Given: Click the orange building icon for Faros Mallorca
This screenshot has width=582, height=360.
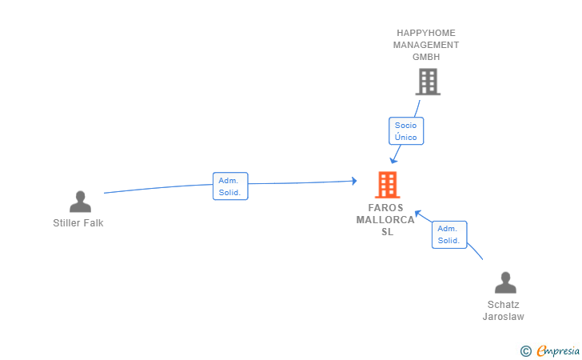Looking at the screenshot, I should coord(388,185).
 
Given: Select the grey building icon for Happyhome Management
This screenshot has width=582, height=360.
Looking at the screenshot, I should coord(428,82).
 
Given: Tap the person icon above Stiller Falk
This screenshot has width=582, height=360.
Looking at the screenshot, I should coord(80,202).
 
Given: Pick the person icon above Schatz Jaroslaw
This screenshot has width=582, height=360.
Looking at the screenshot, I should coord(505,283).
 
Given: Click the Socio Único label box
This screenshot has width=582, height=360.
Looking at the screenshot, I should coord(406,131).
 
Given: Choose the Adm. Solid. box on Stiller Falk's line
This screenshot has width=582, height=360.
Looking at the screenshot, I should coord(230,186).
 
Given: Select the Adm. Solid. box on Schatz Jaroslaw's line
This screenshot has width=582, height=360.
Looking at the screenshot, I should coord(448,234).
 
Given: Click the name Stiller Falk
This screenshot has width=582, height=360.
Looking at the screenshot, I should coord(78,223).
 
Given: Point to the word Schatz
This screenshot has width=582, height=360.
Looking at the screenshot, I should coord(504,304).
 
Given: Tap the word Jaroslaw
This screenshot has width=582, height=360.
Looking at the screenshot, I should coord(504,317).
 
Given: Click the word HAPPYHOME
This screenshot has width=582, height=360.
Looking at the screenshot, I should coord(426,33).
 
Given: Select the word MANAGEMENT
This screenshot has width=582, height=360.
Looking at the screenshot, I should coord(426,45).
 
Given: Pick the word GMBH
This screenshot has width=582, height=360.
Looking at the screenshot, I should coord(426,57).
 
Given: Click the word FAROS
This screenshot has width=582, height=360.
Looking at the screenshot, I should coord(387,208).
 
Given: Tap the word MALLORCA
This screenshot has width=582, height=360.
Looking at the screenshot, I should coord(387,220).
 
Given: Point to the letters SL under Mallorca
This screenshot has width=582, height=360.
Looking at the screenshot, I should coord(388,232).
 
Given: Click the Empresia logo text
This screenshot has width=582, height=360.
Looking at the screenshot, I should coord(558,350).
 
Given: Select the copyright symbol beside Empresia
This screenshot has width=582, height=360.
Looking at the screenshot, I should coord(525,350).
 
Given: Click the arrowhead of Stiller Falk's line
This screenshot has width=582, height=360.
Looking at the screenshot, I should coord(353,182).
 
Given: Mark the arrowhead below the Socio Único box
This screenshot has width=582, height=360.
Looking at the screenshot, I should coord(393,160).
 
